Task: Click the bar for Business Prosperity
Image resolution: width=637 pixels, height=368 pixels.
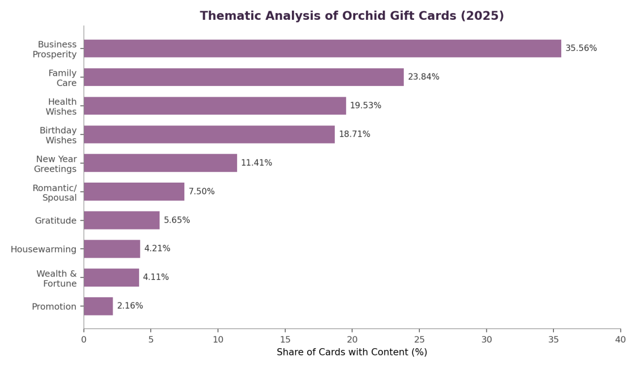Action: tap(322, 48)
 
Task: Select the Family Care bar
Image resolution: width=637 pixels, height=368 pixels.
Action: tap(244, 77)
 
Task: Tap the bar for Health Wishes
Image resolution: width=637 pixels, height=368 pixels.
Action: tap(215, 106)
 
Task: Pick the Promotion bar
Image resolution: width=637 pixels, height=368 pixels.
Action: tap(98, 306)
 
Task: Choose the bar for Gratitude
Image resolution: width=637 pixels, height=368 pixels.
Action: tap(122, 220)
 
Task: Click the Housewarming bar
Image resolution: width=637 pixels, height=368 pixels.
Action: tap(112, 249)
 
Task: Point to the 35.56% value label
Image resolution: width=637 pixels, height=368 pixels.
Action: tap(581, 48)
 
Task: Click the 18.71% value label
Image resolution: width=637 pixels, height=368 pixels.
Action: tap(355, 134)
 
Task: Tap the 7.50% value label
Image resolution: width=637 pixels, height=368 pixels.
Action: tap(201, 192)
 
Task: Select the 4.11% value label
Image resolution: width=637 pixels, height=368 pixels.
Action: tap(156, 277)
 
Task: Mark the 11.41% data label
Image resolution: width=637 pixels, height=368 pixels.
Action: tap(256, 163)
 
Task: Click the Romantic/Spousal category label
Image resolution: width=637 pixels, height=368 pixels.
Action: tap(54, 193)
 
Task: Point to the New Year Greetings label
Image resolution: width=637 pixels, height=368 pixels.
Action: tap(55, 164)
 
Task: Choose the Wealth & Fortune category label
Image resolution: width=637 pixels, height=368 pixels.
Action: tap(57, 279)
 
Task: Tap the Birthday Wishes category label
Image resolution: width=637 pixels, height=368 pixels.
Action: tap(58, 135)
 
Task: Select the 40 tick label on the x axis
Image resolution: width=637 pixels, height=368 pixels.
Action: tap(621, 340)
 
